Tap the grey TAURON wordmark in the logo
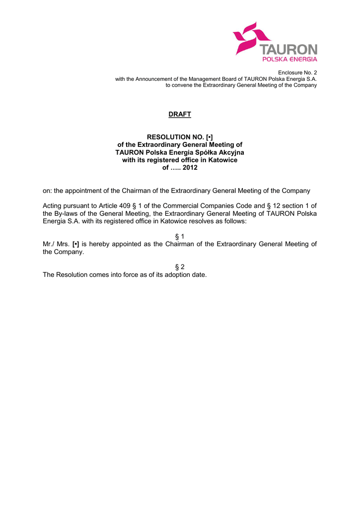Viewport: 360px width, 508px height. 289,50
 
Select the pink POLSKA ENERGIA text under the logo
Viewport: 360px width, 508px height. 289,59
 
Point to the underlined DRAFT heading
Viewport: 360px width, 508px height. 180,115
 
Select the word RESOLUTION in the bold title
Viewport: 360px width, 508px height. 168,136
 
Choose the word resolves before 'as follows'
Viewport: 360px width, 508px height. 204,221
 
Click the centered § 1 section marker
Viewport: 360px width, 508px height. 180,237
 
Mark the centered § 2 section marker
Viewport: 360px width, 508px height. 180,267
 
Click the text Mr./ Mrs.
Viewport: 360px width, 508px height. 56,244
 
